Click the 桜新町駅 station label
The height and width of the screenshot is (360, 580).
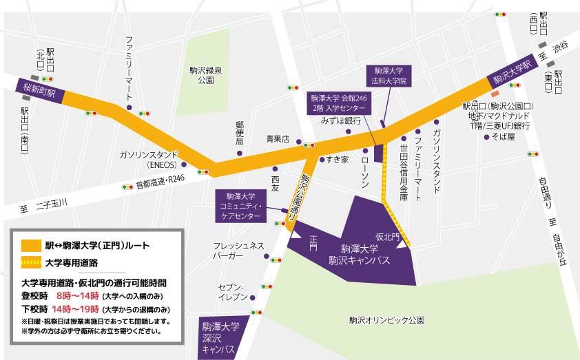[x=40, y=89]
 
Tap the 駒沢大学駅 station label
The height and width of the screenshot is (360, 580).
[x=512, y=71]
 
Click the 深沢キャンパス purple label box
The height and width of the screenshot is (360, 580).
[x=218, y=338]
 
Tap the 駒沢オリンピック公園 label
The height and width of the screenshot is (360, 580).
[x=386, y=320]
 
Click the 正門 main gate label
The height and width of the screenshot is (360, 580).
[x=313, y=242]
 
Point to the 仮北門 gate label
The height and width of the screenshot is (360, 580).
[x=388, y=236]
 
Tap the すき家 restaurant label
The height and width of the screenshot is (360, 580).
[x=338, y=160]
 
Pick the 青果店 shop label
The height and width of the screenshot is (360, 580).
[x=278, y=138]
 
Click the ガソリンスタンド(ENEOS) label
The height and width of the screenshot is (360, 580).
[x=149, y=159]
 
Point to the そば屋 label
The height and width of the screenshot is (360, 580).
[x=497, y=137]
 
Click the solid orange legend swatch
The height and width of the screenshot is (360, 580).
[x=30, y=244]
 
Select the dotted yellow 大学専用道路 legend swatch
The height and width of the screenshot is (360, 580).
[x=30, y=262]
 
